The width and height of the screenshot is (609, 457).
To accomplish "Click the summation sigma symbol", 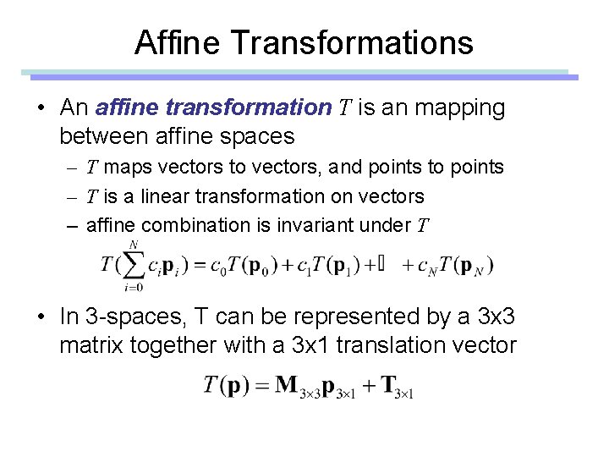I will pos(134,265).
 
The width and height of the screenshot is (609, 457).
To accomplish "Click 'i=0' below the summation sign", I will pos(133,287).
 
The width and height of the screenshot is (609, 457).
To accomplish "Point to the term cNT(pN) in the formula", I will pos(452,266).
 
